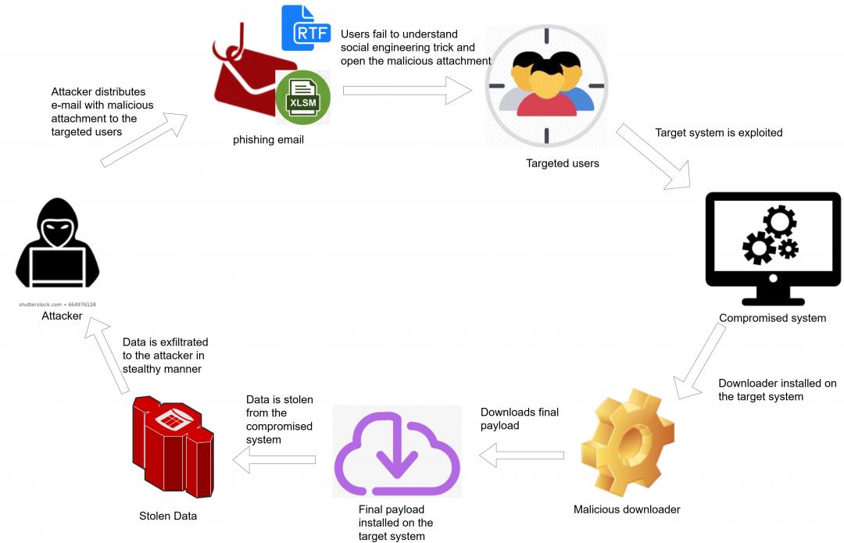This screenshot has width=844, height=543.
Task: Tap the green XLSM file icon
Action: click(x=303, y=98)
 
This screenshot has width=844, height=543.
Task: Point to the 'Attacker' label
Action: click(x=62, y=316)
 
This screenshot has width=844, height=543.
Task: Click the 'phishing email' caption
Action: click(x=268, y=140)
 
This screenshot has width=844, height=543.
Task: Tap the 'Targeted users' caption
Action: click(x=562, y=163)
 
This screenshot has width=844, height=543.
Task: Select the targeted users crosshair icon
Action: click(x=545, y=86)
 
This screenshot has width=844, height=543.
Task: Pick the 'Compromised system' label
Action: click(x=772, y=318)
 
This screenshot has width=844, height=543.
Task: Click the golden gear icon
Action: click(x=628, y=445)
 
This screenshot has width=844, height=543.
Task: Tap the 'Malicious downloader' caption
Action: click(x=627, y=509)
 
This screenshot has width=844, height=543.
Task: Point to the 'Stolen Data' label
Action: click(x=168, y=516)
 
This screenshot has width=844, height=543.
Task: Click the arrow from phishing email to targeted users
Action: click(x=407, y=91)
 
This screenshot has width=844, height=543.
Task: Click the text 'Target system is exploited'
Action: click(x=718, y=133)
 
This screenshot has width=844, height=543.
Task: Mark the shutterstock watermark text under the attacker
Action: click(x=58, y=304)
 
